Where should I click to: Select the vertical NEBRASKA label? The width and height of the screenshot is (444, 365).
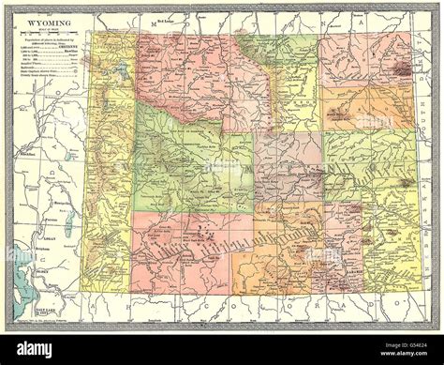coord(422,235)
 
